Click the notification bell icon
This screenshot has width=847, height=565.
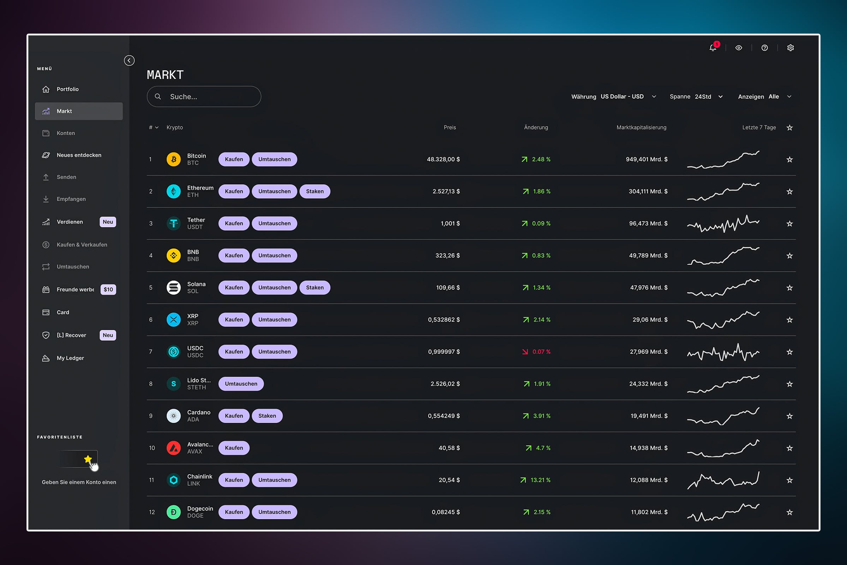point(712,48)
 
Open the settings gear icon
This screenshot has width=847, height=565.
point(791,48)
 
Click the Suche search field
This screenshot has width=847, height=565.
point(204,96)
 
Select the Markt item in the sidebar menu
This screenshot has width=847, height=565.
point(79,111)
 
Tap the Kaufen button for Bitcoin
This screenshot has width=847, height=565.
point(234,159)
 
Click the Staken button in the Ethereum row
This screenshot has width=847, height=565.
point(315,191)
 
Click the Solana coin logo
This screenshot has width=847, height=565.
point(174,287)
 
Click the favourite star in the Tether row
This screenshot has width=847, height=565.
point(789,224)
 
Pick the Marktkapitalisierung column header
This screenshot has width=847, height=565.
point(641,127)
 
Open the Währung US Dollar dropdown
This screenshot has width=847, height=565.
point(614,96)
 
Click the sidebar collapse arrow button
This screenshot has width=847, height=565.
point(129,60)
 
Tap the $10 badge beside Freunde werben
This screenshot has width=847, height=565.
point(108,289)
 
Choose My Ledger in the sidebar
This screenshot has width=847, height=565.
point(70,358)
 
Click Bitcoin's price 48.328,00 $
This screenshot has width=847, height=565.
point(443,159)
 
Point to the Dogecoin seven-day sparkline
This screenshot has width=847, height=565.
point(723,512)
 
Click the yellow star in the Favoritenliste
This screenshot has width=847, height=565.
point(88,459)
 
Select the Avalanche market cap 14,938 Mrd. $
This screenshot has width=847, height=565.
point(649,448)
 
